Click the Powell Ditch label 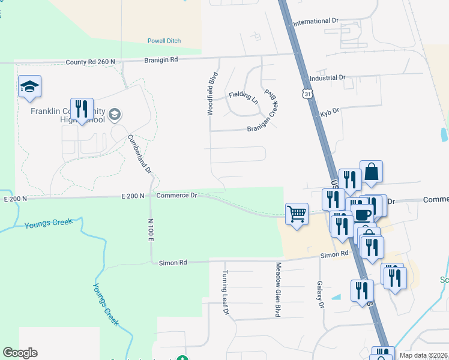164,41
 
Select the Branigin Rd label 161,59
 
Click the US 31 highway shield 307,94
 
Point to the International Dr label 316,22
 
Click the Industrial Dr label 328,78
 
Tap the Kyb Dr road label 331,111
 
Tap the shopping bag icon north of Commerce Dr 371,172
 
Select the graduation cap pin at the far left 29,87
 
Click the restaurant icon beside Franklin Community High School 82,109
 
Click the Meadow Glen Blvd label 278,289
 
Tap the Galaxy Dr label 320,294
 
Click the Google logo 20,353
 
